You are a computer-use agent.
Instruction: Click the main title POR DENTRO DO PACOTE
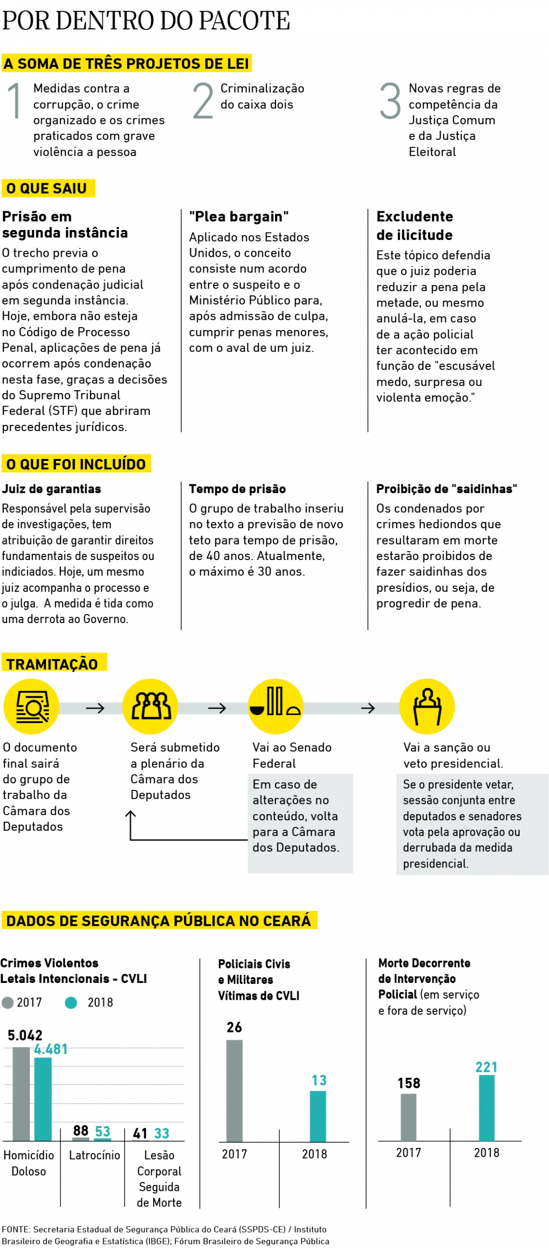coord(146,21)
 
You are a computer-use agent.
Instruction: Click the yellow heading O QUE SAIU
coord(48,188)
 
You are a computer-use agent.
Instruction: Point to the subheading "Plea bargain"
coord(238,216)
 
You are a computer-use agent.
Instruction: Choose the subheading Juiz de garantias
coord(52,488)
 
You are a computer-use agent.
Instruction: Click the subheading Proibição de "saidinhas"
coord(446,488)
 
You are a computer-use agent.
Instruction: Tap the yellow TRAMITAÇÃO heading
coord(52,664)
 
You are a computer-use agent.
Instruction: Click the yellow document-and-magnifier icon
coord(31,706)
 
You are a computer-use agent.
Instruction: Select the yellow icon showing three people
coord(150,706)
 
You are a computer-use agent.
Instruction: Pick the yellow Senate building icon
coord(275,706)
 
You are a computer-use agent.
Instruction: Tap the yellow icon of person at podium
coord(427,706)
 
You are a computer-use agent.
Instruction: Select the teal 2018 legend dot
coord(71,1002)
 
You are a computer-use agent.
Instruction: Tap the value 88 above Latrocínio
coord(80,1130)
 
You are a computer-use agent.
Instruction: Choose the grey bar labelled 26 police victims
coord(234,1090)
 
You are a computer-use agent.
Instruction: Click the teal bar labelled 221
coord(486,1108)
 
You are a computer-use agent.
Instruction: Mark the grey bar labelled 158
coord(408,1117)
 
